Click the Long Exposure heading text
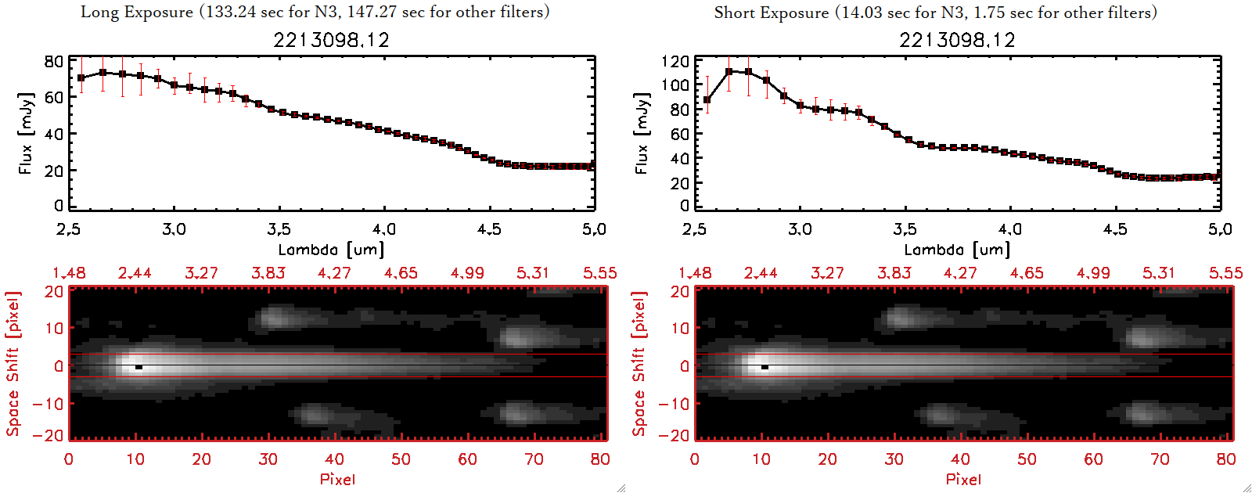click(315, 12)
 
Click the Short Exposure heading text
click(935, 13)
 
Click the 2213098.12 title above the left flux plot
click(331, 40)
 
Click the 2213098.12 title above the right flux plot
click(957, 40)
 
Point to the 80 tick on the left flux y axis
click(53, 61)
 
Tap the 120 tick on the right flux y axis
click(675, 61)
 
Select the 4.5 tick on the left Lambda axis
click(489, 229)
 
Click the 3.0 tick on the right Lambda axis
click(800, 229)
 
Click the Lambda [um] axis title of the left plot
click(331, 250)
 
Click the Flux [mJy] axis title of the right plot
click(642, 133)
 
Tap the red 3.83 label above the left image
click(268, 273)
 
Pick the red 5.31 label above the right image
click(1159, 273)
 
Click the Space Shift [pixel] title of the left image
click(13, 364)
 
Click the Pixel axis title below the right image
click(963, 479)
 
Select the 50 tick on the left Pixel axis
click(401, 459)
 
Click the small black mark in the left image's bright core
click(139, 366)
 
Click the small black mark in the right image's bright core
click(765, 366)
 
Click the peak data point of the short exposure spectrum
click(729, 71)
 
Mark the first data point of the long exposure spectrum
click(81, 78)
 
